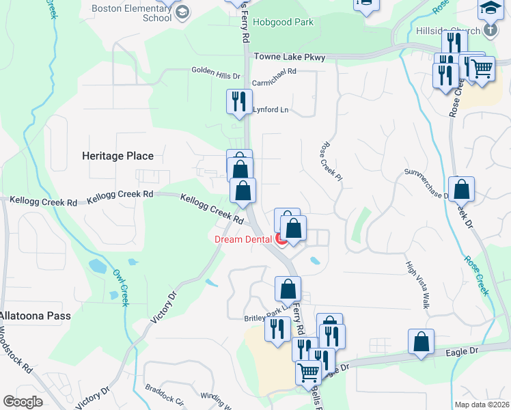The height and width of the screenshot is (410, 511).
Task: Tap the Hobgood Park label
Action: [283, 22]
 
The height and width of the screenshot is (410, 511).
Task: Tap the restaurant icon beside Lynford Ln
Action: [238, 102]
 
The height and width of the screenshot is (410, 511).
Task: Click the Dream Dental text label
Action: [244, 239]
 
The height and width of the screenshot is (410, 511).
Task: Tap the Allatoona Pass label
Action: [35, 316]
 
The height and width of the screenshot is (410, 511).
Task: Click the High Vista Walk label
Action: [417, 285]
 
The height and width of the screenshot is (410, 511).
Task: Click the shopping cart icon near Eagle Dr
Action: [308, 372]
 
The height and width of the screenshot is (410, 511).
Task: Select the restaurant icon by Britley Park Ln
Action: [277, 330]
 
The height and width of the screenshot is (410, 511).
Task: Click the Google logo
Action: [23, 402]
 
